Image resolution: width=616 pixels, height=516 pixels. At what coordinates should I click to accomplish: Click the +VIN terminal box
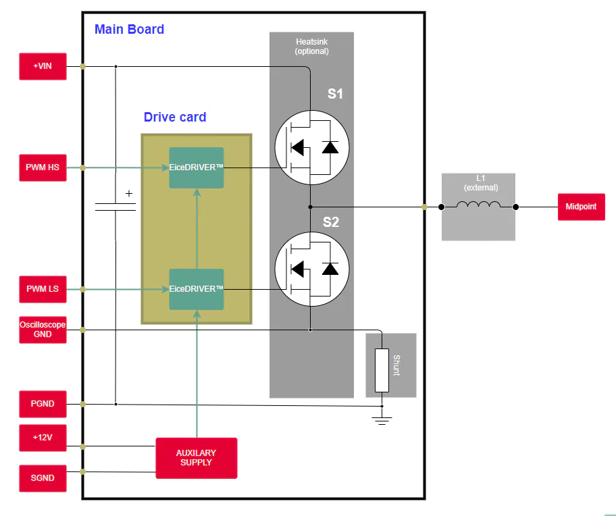pyautogui.click(x=43, y=66)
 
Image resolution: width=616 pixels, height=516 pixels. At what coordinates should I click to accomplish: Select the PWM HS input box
pyautogui.click(x=43, y=167)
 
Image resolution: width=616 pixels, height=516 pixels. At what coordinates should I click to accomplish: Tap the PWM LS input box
pyautogui.click(x=43, y=289)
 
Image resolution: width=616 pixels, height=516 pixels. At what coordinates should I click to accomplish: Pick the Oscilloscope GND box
pyautogui.click(x=43, y=330)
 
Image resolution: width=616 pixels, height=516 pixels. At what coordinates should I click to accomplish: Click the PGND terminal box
pyautogui.click(x=43, y=404)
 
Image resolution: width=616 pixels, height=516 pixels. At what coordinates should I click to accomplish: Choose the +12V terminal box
pyautogui.click(x=43, y=438)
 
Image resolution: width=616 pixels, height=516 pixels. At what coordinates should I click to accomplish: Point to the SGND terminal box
pyautogui.click(x=43, y=478)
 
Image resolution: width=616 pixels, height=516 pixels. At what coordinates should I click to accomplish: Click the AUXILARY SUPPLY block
pyautogui.click(x=197, y=459)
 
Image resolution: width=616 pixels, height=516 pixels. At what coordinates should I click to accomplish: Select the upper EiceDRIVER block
pyautogui.click(x=197, y=167)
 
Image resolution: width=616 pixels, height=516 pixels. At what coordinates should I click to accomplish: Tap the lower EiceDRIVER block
pyautogui.click(x=197, y=290)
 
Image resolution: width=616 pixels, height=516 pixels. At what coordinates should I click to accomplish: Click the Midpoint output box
pyautogui.click(x=582, y=207)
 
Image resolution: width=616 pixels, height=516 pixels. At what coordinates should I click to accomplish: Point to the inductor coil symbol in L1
pyautogui.click(x=478, y=205)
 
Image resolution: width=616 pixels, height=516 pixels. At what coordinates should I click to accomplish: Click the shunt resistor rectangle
pyautogui.click(x=382, y=370)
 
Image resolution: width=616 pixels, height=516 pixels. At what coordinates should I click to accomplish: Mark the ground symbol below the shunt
pyautogui.click(x=382, y=421)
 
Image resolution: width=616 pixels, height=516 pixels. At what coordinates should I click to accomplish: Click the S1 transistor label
pyautogui.click(x=335, y=94)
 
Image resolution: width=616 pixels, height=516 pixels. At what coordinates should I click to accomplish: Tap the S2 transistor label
pyautogui.click(x=331, y=222)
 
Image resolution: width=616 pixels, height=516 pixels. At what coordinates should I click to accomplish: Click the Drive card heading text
pyautogui.click(x=175, y=117)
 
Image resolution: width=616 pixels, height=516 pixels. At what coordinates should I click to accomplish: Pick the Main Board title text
pyautogui.click(x=129, y=30)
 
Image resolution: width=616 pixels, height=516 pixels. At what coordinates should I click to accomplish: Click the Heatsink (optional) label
pyautogui.click(x=312, y=47)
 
